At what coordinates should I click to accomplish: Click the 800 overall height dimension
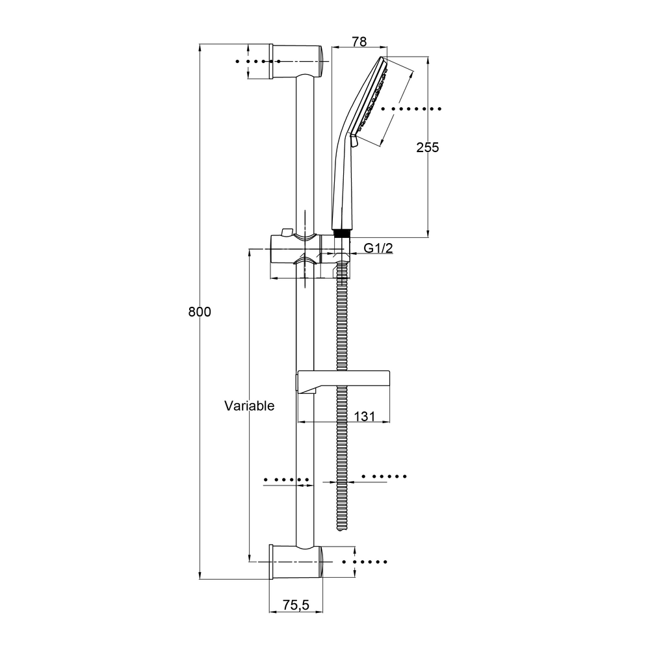point(200,312)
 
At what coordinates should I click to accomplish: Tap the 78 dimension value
point(359,42)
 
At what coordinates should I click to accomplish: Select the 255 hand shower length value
point(428,148)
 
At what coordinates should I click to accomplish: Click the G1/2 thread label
point(377,248)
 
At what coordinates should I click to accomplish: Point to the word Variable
point(250,406)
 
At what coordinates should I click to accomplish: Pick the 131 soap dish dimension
point(365,417)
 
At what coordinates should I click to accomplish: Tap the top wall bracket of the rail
point(296,61)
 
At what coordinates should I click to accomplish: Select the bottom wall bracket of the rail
point(296,562)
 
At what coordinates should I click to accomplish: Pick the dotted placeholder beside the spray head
point(412,108)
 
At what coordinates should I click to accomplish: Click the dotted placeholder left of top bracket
point(253,62)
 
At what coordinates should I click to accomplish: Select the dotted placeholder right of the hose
point(384,476)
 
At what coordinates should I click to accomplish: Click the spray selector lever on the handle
point(354,140)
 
